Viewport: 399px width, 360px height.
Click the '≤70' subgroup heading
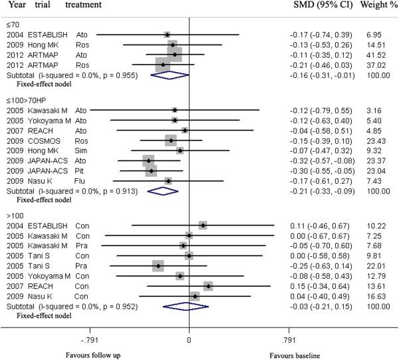click(x=14, y=23)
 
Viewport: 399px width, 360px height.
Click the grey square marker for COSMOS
click(x=172, y=140)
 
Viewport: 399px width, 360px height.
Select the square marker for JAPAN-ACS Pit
click(x=152, y=170)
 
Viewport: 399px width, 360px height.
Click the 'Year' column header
click(x=15, y=5)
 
